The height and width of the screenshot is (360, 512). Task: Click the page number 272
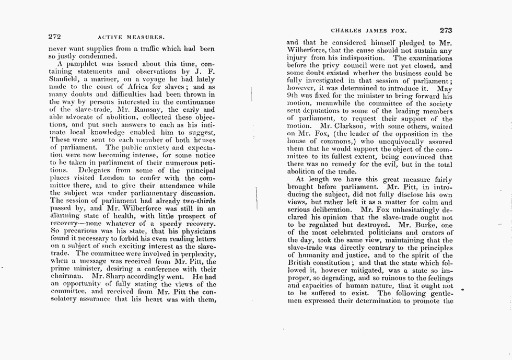tap(54, 37)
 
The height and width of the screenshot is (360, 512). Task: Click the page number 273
tap(447, 30)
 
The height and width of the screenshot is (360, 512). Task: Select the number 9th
tap(294, 96)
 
